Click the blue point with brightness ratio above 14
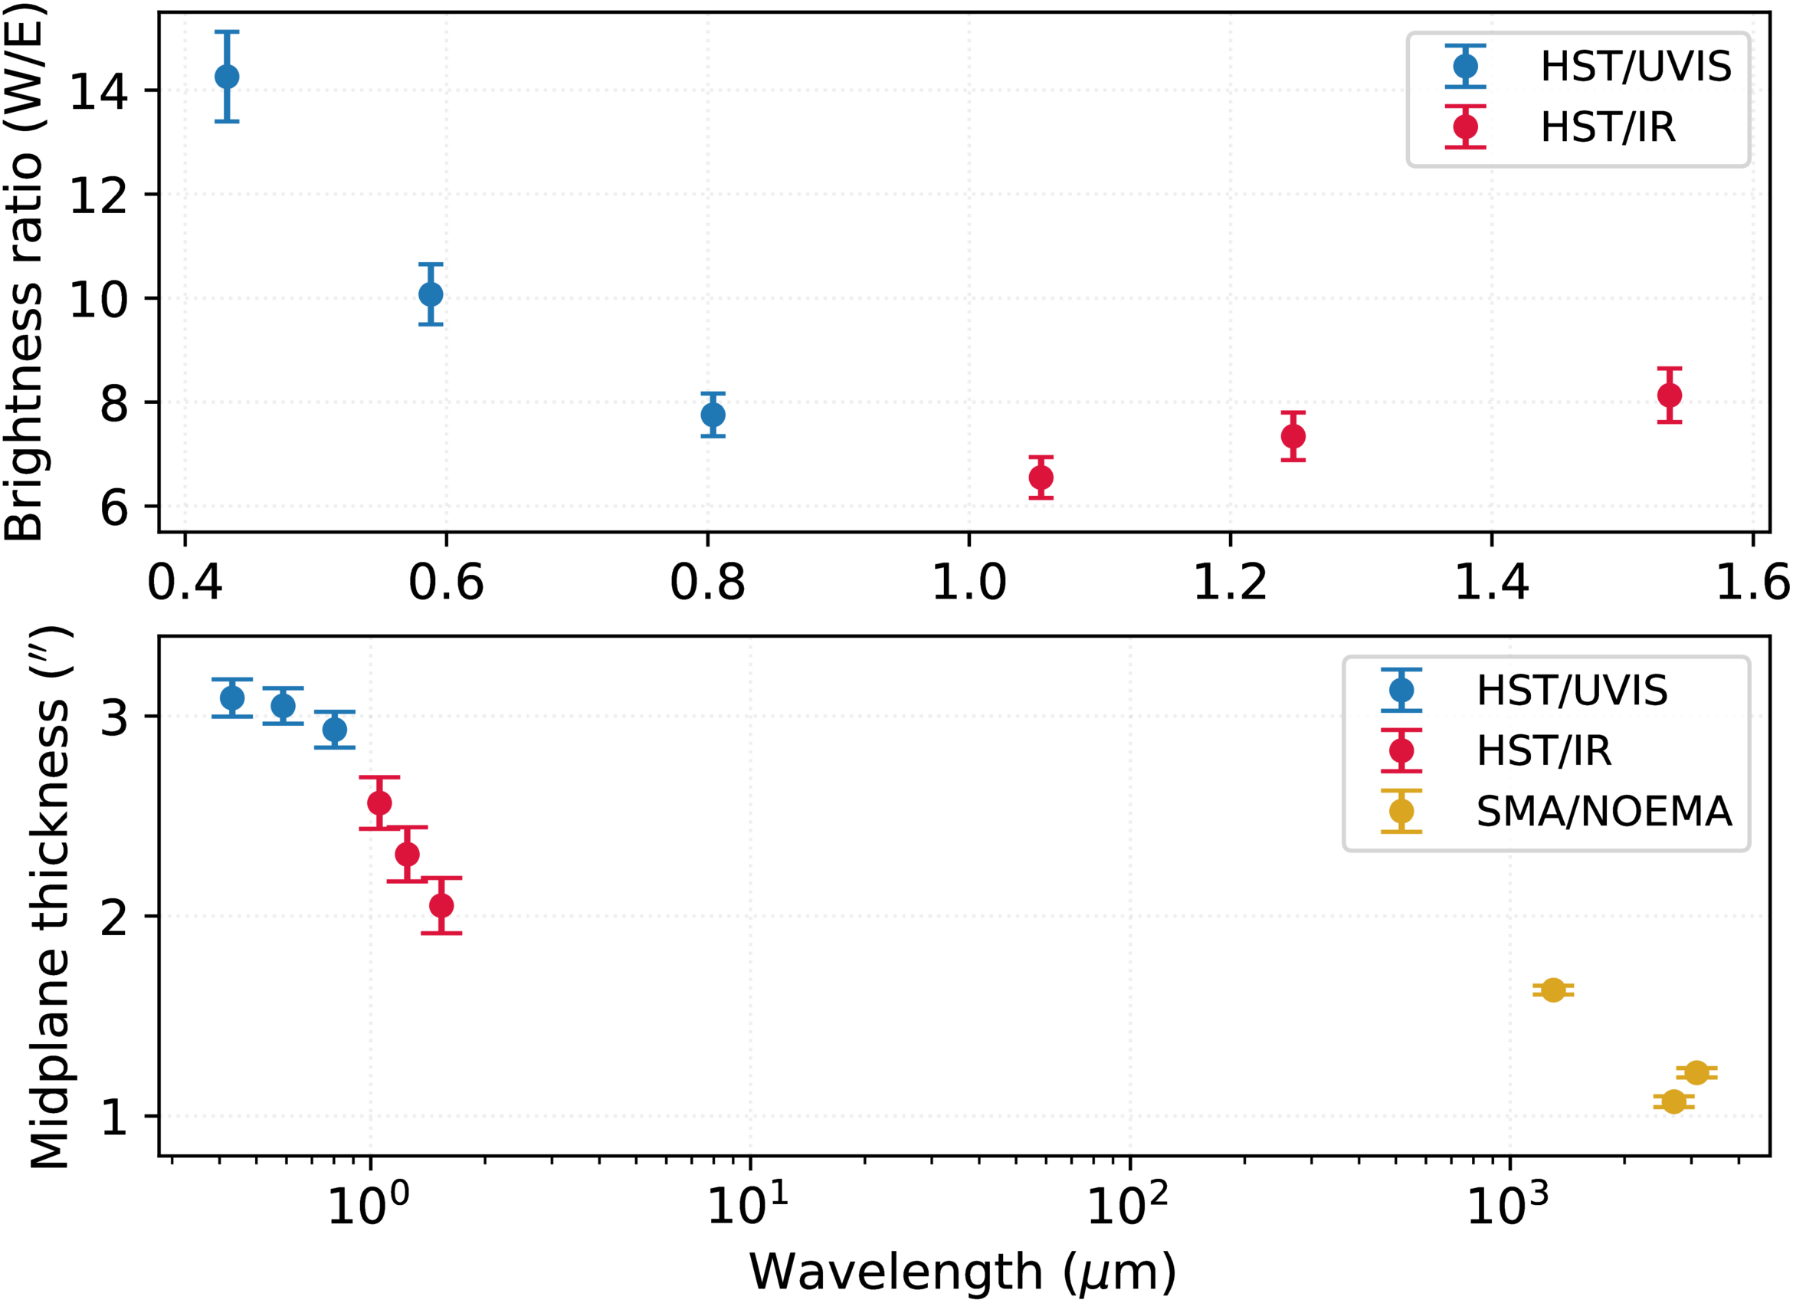click(227, 77)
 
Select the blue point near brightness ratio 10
click(431, 294)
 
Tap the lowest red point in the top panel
click(1041, 478)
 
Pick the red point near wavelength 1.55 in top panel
click(1670, 395)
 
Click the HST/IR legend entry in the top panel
click(1608, 127)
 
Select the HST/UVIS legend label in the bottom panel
click(1572, 691)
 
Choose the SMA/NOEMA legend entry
click(1603, 811)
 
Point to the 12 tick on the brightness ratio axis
click(99, 195)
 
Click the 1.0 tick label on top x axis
click(969, 583)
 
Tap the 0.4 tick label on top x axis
click(185, 583)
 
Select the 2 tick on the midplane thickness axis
click(114, 918)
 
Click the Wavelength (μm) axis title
click(962, 1272)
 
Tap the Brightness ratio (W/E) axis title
click(24, 273)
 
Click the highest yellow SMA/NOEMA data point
click(1553, 990)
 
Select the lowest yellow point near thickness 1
click(1673, 1101)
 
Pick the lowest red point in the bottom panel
click(442, 905)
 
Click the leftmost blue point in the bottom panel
click(232, 698)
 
